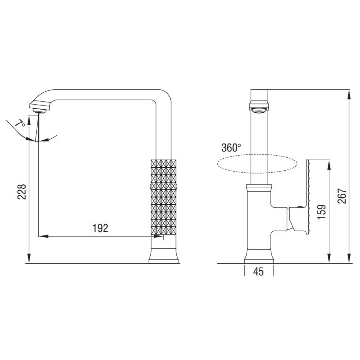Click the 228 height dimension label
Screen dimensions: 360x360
click(22, 191)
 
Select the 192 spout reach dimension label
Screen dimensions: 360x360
click(100, 228)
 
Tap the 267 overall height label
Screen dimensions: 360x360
click(342, 196)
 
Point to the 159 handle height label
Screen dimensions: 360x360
click(322, 212)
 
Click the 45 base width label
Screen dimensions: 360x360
click(259, 272)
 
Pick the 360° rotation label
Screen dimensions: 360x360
click(231, 148)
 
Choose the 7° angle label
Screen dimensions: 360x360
click(20, 123)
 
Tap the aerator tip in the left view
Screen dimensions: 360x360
click(39, 111)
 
